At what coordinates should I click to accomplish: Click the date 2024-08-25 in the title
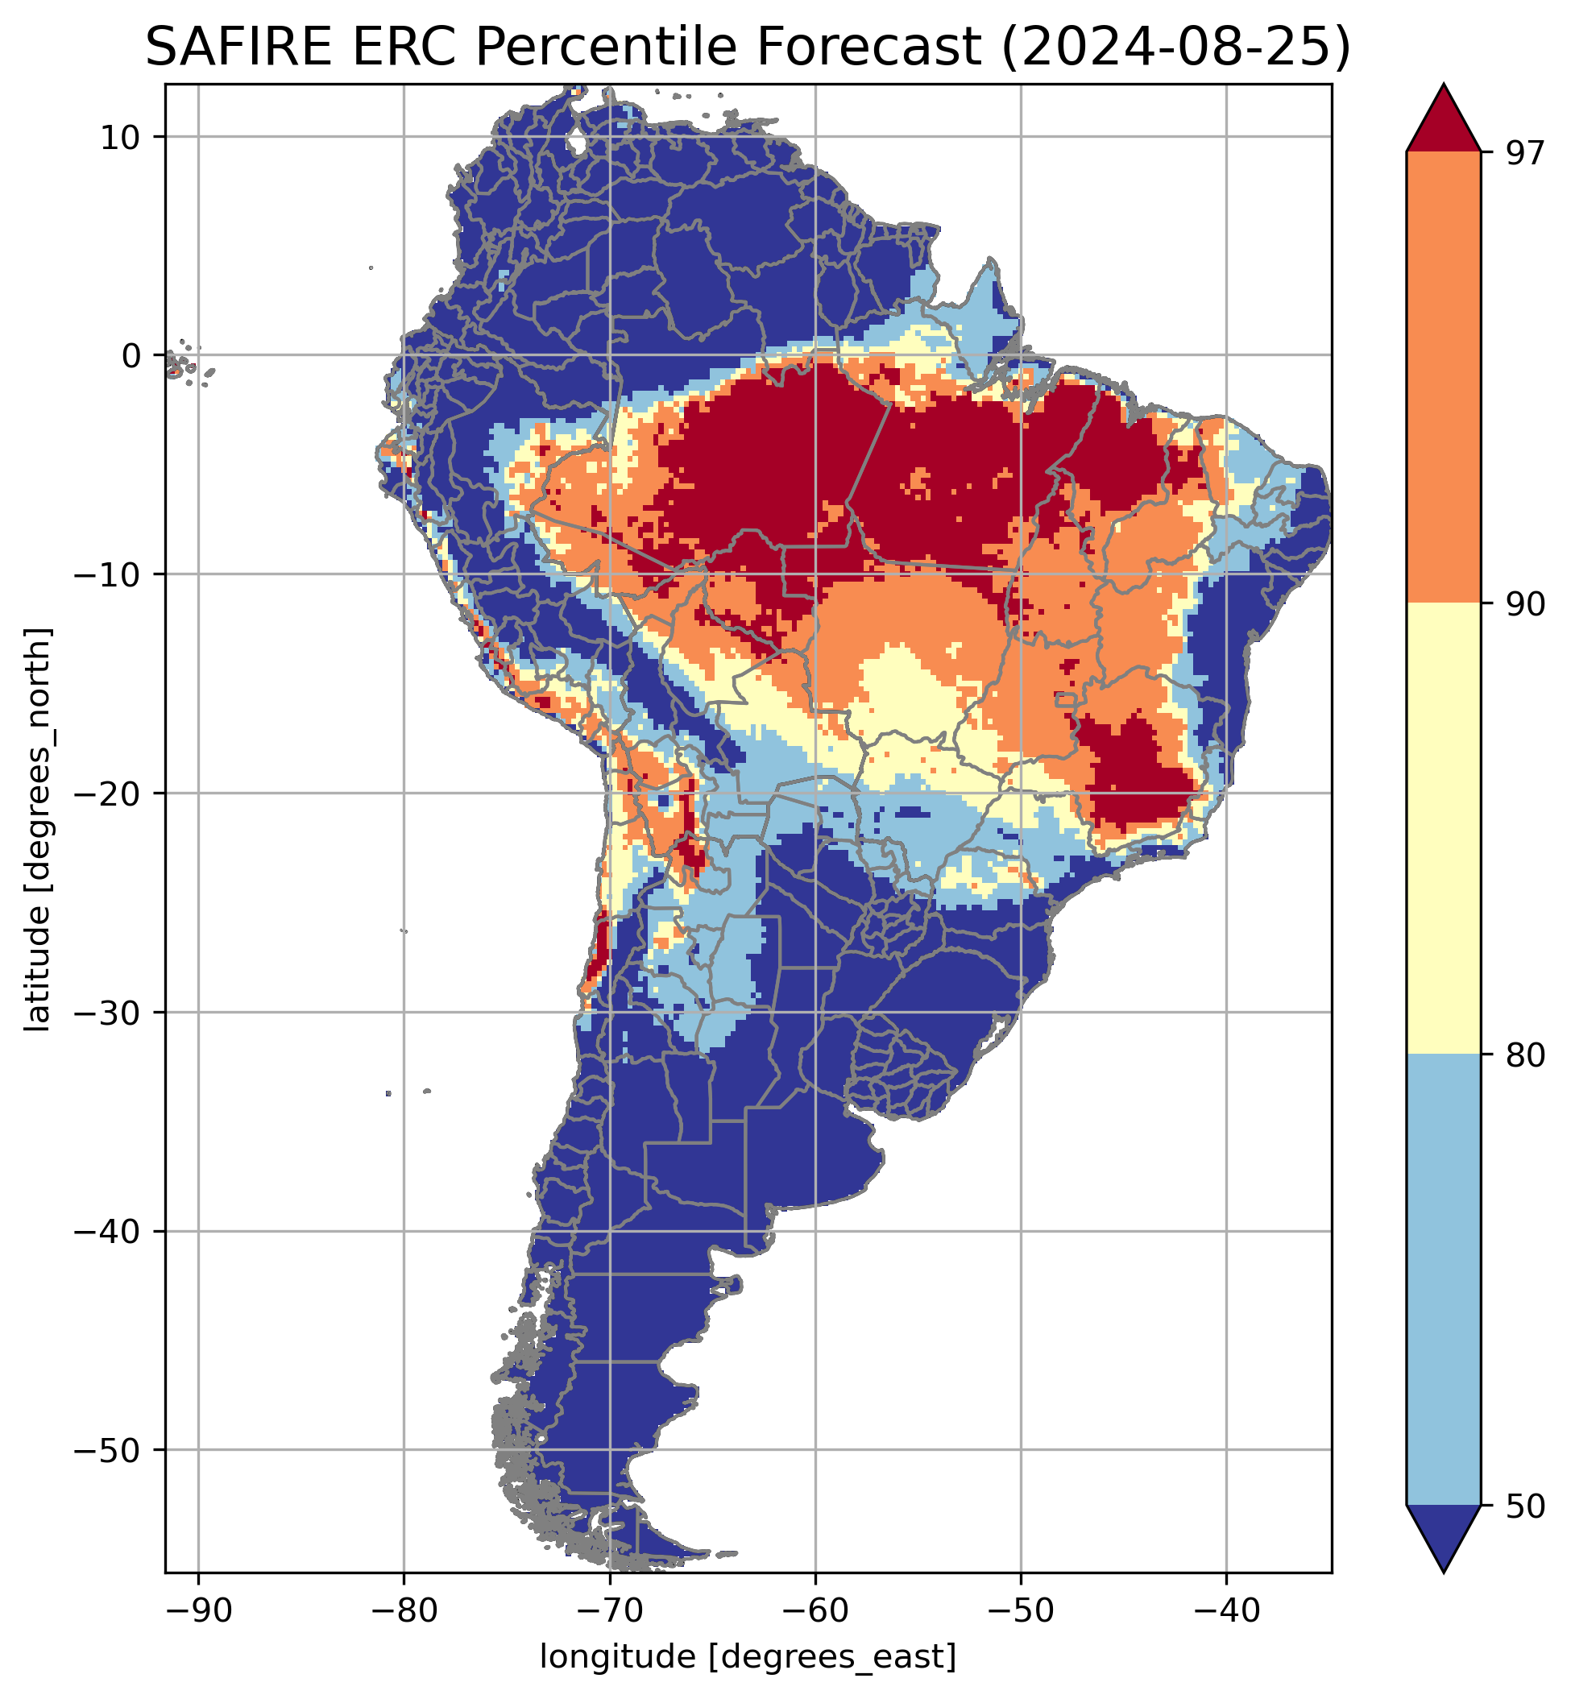1175,48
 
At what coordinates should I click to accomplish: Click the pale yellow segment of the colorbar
1444,829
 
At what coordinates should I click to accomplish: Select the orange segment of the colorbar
1444,378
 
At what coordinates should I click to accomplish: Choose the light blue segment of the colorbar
1444,1279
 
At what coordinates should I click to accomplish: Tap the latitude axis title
38,830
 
